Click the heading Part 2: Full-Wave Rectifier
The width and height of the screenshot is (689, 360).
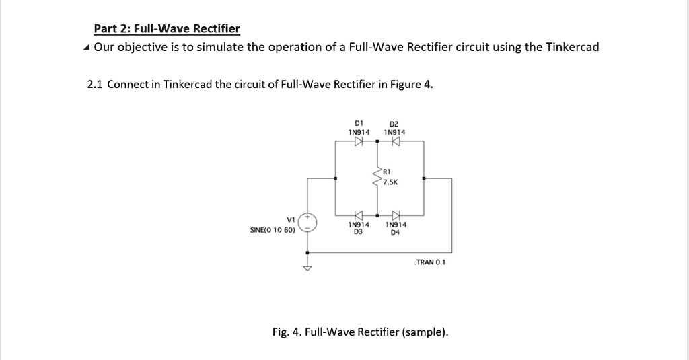tap(166, 28)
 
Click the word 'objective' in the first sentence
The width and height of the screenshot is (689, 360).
tap(143, 47)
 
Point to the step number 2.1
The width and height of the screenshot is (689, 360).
tap(95, 85)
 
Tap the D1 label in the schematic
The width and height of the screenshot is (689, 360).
tap(359, 124)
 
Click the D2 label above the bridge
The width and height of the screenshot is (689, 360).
tap(394, 124)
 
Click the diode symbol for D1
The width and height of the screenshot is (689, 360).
tap(359, 141)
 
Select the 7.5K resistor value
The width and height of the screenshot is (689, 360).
tap(391, 182)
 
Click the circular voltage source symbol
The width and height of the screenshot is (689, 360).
tap(308, 222)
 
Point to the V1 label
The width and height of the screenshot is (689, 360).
tap(291, 219)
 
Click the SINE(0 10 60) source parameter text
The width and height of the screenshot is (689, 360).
tap(273, 230)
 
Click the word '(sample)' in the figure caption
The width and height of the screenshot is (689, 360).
tap(425, 332)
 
